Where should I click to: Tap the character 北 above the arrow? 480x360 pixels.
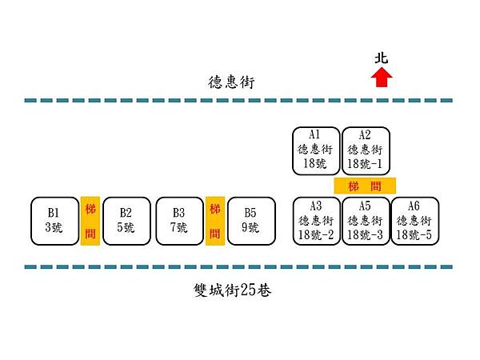point(382,58)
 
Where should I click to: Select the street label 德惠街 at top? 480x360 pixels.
point(226,81)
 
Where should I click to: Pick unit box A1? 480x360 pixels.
point(317,150)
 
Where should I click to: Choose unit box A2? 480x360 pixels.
point(366,150)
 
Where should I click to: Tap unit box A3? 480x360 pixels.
point(317,220)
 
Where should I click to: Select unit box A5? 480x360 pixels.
point(366,220)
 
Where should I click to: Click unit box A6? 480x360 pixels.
point(414,220)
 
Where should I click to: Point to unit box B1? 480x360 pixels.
point(54,220)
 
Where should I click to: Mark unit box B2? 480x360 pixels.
point(126,220)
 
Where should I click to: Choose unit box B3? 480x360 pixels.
point(178,220)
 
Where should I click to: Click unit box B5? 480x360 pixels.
point(250,220)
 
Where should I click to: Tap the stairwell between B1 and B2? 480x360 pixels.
point(90,222)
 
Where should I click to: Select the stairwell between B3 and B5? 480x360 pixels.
point(214,222)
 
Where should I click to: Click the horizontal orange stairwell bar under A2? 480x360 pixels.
point(365,185)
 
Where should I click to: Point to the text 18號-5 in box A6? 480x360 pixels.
point(414,234)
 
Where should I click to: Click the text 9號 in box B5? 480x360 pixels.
point(250,227)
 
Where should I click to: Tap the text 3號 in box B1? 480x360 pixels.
point(54,227)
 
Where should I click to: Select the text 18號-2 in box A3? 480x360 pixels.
point(317,234)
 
